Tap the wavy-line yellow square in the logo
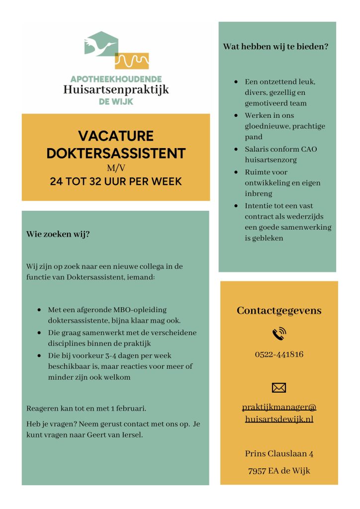coord(132,60)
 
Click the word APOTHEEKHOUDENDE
coord(116,79)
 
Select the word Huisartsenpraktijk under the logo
coord(116,90)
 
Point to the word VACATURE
coord(116,136)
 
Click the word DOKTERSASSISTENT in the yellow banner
coord(116,153)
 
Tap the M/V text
coord(116,168)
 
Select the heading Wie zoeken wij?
coord(58,234)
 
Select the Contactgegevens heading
coord(279,311)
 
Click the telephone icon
coord(279,334)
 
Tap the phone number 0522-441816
coord(279,354)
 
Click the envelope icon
coord(279,387)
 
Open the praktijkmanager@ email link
coord(279,408)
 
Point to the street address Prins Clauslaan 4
coord(279,453)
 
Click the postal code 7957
coord(257,471)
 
